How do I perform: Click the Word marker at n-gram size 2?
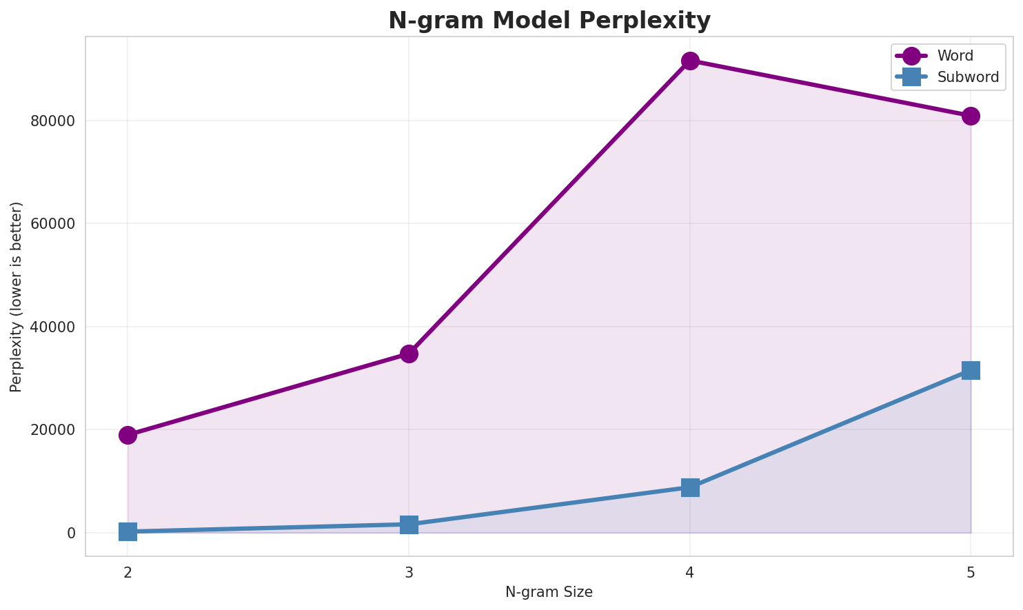[x=128, y=435]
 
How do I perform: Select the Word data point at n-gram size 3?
[x=409, y=354]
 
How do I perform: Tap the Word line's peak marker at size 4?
[x=690, y=61]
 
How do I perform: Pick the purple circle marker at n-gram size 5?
[x=971, y=116]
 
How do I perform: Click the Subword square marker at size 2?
[x=128, y=531]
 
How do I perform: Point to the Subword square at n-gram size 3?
[x=409, y=525]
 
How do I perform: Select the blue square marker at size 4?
[x=690, y=487]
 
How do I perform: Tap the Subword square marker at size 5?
[x=971, y=370]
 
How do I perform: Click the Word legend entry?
[x=954, y=56]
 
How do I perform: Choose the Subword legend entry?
[x=967, y=77]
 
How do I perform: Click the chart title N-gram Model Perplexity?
[x=549, y=21]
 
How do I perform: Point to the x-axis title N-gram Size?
[x=549, y=592]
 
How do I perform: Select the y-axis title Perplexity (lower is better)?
[x=17, y=297]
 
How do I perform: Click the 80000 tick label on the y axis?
[x=52, y=121]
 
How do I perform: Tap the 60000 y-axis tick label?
[x=52, y=224]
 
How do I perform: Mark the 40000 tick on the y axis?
[x=52, y=327]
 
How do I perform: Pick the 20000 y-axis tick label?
[x=52, y=430]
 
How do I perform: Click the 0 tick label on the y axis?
[x=72, y=533]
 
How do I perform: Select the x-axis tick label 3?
[x=409, y=572]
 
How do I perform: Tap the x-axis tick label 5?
[x=971, y=572]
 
